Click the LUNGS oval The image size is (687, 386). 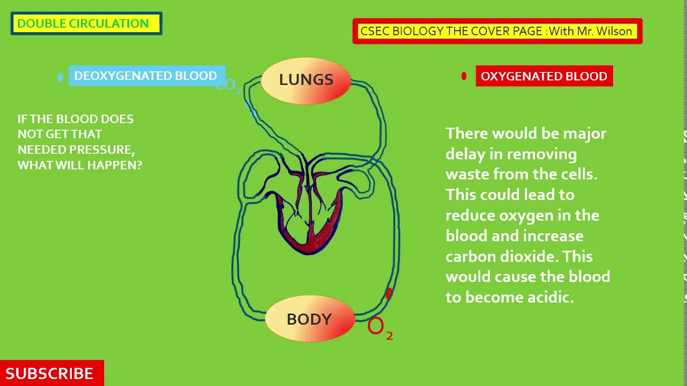(x=306, y=80)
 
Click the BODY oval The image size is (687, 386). (x=310, y=319)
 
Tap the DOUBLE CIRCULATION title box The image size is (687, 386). (x=86, y=24)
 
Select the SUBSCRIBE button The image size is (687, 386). (x=50, y=373)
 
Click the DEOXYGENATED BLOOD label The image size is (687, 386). (x=145, y=76)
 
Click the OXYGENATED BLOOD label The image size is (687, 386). (x=544, y=76)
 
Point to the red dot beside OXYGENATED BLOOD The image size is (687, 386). (x=464, y=76)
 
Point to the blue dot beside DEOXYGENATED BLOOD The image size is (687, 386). (x=60, y=77)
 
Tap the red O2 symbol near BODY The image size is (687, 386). (x=379, y=326)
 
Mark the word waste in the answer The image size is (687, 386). (x=467, y=174)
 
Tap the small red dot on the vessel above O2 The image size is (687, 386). (x=389, y=293)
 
